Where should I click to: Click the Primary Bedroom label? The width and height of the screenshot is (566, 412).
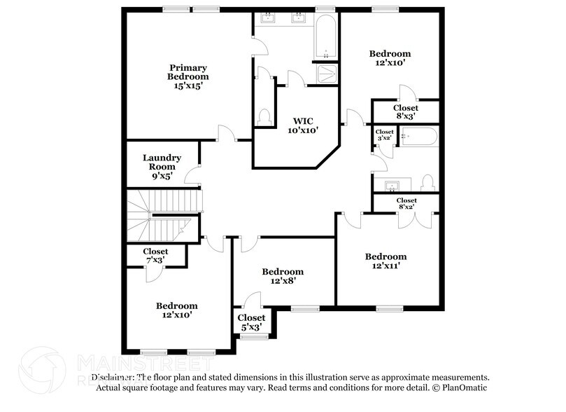point(188,76)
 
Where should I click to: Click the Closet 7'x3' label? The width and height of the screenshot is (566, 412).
point(155,256)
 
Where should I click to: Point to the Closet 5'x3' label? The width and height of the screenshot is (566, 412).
point(253,322)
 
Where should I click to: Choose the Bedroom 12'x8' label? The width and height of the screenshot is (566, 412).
point(283,276)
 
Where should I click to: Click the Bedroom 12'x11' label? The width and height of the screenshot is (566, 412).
point(385,261)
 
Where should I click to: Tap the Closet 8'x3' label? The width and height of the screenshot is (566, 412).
point(406,112)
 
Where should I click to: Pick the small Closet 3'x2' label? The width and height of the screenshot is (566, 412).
point(385,135)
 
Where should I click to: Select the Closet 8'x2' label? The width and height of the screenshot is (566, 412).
point(406,203)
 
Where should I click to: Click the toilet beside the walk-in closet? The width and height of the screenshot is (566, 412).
point(264,116)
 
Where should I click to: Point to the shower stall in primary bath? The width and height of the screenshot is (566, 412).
point(325,74)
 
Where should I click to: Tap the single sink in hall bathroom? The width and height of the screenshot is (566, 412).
point(392,184)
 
